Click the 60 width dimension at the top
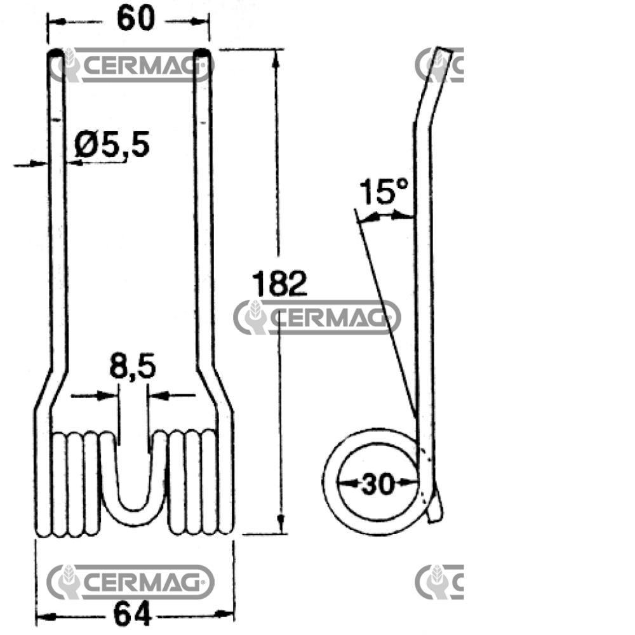pos(136,18)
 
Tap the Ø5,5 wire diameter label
pos(112,145)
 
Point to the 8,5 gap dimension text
pos(133,367)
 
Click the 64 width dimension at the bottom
pos(133,614)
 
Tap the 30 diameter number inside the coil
pos(377,483)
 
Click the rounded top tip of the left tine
pos(56,54)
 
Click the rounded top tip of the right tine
pos(201,54)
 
